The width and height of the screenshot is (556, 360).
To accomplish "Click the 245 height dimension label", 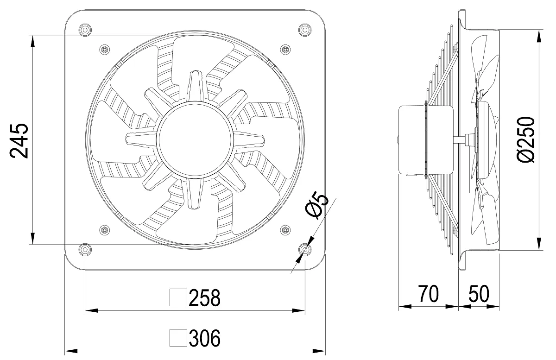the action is [x=19, y=140].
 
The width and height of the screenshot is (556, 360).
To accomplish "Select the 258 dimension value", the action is [x=204, y=297].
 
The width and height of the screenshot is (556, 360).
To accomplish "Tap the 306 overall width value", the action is [x=204, y=338].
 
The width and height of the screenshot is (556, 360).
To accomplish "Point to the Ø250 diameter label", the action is [x=527, y=139].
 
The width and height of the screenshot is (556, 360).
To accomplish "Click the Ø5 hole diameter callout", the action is [x=317, y=206].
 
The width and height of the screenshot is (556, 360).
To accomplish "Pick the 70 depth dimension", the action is [x=429, y=294].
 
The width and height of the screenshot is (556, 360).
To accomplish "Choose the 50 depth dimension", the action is [x=479, y=294].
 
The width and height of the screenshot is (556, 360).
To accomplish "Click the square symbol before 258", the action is [x=178, y=297].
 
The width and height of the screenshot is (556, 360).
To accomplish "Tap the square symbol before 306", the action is [x=178, y=338].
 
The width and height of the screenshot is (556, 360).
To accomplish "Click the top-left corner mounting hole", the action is [x=85, y=30].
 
